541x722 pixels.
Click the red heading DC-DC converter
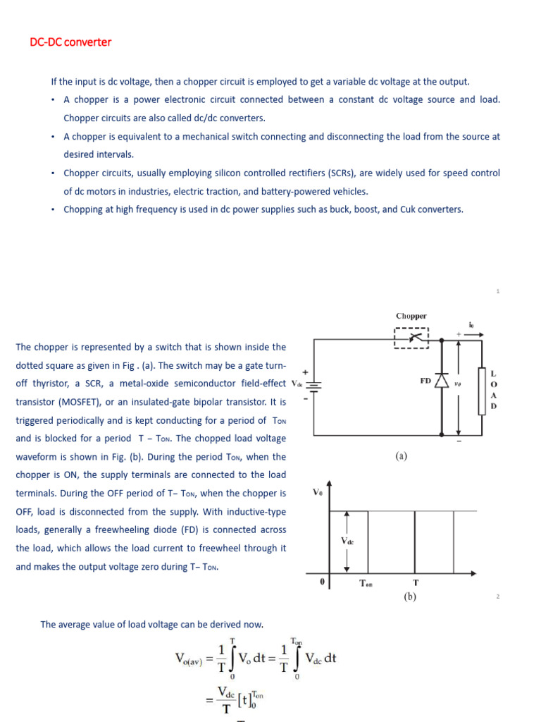click(70, 42)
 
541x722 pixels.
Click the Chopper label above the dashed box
click(411, 317)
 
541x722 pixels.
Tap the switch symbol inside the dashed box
click(411, 338)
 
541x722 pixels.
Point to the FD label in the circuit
click(425, 380)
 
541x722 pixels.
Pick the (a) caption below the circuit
click(401, 456)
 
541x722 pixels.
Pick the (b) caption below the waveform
click(411, 596)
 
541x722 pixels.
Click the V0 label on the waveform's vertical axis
click(318, 493)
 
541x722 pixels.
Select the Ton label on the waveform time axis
click(366, 583)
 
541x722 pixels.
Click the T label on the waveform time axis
click(416, 583)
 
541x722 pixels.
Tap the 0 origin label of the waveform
click(322, 582)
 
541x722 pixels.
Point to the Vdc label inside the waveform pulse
click(347, 541)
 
